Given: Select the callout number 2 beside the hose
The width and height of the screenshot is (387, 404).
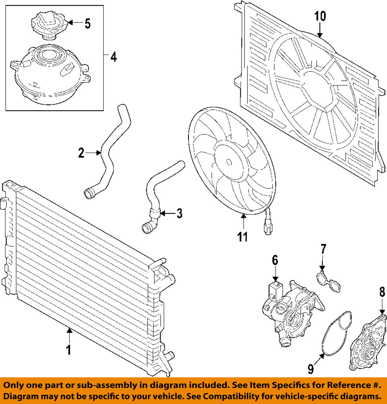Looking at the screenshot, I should click(81, 153).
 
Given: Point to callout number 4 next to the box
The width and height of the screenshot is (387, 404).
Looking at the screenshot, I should click(113, 57).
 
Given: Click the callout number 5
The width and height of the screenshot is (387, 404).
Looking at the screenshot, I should click(87, 24).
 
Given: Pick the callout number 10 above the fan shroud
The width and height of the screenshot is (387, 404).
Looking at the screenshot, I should click(320, 16).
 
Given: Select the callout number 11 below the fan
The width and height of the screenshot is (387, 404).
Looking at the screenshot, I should click(242, 236).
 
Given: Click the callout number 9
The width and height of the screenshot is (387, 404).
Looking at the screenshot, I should click(310, 369).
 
